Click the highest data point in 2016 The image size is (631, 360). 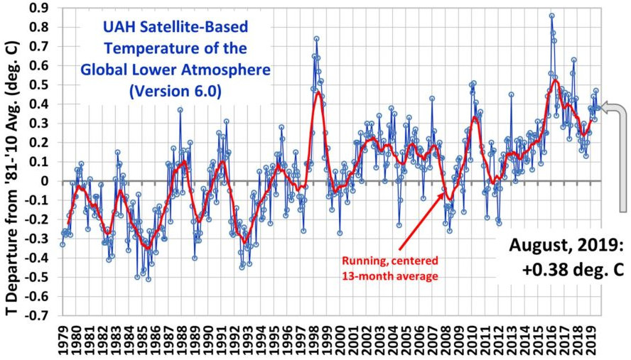(x=552, y=16)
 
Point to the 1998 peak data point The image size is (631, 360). (x=316, y=39)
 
